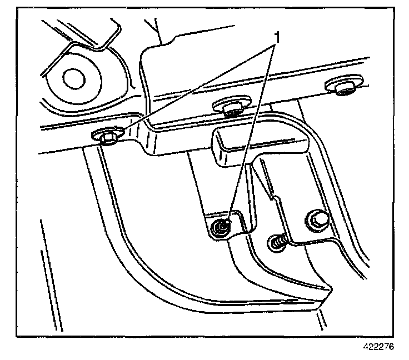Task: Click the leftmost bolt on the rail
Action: [106, 136]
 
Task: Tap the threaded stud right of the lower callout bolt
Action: [277, 241]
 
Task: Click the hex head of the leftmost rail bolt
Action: [106, 135]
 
